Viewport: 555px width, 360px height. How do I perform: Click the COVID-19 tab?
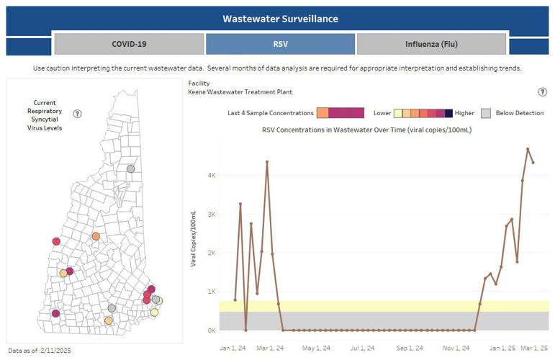pyautogui.click(x=129, y=44)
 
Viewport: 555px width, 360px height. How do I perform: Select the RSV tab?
pyautogui.click(x=280, y=44)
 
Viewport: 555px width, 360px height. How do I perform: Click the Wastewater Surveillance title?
pyautogui.click(x=280, y=18)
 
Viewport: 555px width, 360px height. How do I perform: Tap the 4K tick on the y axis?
pyautogui.click(x=212, y=175)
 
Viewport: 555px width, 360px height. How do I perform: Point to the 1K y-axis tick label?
pyautogui.click(x=212, y=292)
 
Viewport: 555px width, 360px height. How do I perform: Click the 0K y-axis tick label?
pyautogui.click(x=212, y=330)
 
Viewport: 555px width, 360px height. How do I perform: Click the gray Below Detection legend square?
pyautogui.click(x=487, y=113)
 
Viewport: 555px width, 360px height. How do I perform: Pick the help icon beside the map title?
pyautogui.click(x=77, y=114)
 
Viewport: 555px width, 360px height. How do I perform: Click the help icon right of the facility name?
pyautogui.click(x=542, y=92)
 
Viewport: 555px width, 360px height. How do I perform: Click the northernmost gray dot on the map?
pyautogui.click(x=130, y=168)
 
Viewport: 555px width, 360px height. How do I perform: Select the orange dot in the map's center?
pyautogui.click(x=95, y=236)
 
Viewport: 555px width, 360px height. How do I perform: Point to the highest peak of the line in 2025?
pyautogui.click(x=528, y=149)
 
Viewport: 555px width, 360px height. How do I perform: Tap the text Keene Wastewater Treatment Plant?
pyautogui.click(x=240, y=92)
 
